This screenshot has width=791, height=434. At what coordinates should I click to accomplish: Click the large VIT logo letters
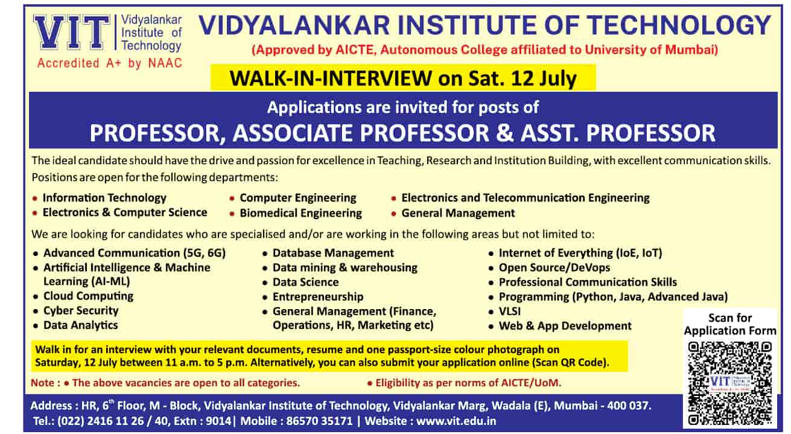(72, 32)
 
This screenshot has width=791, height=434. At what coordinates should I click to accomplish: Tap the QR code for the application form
(730, 384)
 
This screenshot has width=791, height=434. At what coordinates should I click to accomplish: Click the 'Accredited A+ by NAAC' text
(109, 63)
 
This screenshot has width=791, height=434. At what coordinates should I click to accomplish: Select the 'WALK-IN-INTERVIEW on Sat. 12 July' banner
(403, 78)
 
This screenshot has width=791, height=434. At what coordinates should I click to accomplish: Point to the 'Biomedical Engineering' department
(301, 213)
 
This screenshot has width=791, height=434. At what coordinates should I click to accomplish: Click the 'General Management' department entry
(458, 213)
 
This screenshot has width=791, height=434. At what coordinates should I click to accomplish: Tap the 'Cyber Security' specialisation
(81, 310)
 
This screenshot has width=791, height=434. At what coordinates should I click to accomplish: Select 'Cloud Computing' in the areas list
(88, 296)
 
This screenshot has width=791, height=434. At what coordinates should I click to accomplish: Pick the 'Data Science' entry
(305, 282)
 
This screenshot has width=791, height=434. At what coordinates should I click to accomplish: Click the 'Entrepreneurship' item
(318, 296)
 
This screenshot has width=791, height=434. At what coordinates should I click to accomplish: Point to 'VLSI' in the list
(510, 311)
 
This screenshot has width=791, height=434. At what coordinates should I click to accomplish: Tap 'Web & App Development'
(565, 325)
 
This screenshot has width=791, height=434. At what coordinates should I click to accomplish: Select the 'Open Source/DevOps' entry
(554, 267)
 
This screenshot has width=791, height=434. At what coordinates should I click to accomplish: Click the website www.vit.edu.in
(456, 421)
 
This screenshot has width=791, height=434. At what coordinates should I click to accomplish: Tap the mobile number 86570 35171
(319, 421)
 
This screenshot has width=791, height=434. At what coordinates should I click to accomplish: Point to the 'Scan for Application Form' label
(730, 324)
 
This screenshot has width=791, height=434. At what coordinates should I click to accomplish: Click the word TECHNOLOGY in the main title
(679, 25)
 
